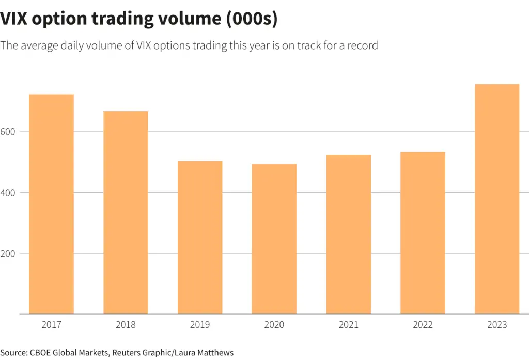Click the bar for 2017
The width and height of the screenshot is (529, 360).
[x=51, y=204]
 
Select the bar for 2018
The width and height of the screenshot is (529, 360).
[x=126, y=212]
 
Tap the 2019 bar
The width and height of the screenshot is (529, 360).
[x=200, y=237]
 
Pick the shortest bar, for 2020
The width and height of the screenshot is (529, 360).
[x=274, y=239]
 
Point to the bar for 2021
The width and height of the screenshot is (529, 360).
[x=349, y=234]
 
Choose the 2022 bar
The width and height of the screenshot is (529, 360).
[x=423, y=232]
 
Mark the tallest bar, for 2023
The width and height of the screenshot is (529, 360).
[x=497, y=199]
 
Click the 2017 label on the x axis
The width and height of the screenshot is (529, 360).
[x=51, y=325]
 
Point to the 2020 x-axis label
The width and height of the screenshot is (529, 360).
[x=274, y=325]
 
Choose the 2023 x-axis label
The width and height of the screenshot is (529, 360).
[x=497, y=325]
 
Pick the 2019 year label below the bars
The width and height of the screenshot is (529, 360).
[x=200, y=325]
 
